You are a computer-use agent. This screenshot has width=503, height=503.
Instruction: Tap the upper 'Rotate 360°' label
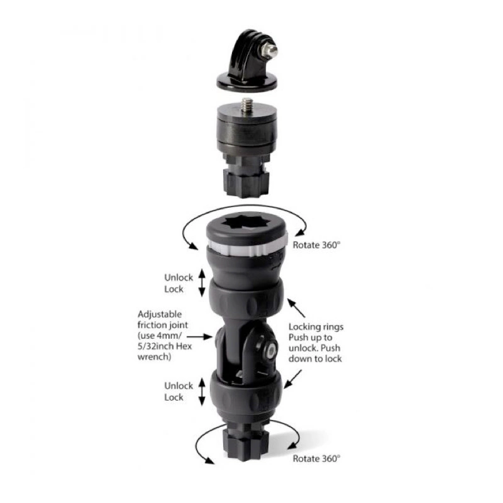coord(318,245)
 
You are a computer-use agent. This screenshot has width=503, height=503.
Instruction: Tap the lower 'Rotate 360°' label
coord(318,458)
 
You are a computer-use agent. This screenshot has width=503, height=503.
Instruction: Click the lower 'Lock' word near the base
coord(174,397)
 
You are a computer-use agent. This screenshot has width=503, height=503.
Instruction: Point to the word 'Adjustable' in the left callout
coord(160,313)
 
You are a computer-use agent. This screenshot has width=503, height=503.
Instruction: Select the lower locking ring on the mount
coord(246,394)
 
